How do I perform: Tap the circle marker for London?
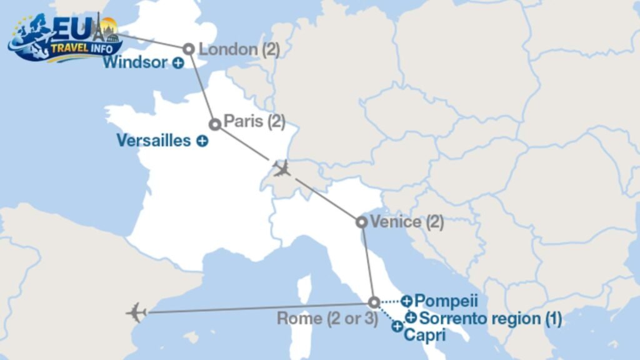[x=188, y=48]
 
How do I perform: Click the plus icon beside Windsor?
[x=178, y=62]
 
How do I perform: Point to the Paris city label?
[x=254, y=122]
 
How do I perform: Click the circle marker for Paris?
[x=214, y=124]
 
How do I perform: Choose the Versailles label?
[x=154, y=141]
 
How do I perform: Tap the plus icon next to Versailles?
[x=202, y=141]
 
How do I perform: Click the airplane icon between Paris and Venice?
[x=282, y=168]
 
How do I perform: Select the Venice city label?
[x=407, y=221]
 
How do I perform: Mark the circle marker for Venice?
[x=361, y=222]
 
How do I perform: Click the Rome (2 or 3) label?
[x=328, y=318]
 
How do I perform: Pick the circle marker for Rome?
[x=374, y=302]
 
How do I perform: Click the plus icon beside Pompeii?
[x=406, y=301]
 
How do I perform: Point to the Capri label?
[x=424, y=335]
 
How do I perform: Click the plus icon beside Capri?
[x=397, y=326]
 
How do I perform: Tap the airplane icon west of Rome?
[x=136, y=312]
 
